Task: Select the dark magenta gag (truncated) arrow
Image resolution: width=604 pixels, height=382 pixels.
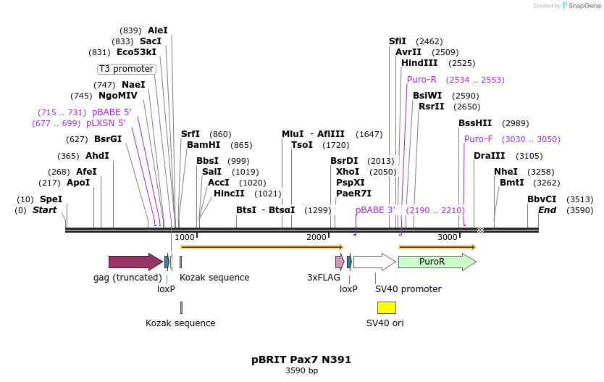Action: tap(135, 262)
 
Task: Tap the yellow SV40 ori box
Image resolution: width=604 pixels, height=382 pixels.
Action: tap(386, 307)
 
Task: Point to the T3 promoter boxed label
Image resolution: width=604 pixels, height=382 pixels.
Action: tap(127, 69)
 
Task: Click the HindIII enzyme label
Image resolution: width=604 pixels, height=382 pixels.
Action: tap(419, 63)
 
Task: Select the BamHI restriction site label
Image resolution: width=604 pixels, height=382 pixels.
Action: tap(204, 145)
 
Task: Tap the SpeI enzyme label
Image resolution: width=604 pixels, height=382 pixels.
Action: tap(51, 199)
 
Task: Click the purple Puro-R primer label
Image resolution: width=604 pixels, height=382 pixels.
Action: tap(421, 80)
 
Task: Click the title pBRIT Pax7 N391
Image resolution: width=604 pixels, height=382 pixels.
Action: tap(301, 359)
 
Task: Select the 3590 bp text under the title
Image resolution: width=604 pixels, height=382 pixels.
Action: tap(301, 370)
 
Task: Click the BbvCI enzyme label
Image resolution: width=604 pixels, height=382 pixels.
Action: tap(542, 199)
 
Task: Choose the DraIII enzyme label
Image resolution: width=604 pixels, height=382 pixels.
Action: tap(490, 156)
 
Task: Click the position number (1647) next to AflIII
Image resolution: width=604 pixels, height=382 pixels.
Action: tap(369, 134)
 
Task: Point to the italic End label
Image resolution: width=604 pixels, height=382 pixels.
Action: tap(547, 210)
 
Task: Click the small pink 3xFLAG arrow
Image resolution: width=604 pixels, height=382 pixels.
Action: tap(339, 262)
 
